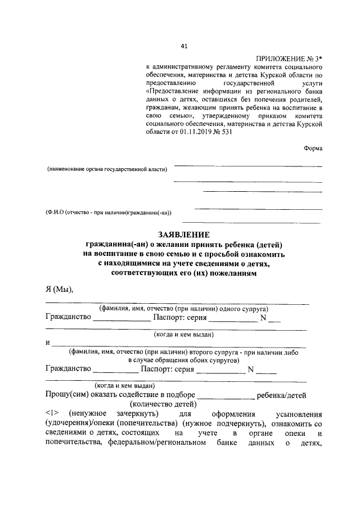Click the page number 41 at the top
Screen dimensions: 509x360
tap(184, 46)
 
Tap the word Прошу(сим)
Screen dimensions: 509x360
tap(65, 395)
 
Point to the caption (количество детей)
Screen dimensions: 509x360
tap(163, 404)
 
